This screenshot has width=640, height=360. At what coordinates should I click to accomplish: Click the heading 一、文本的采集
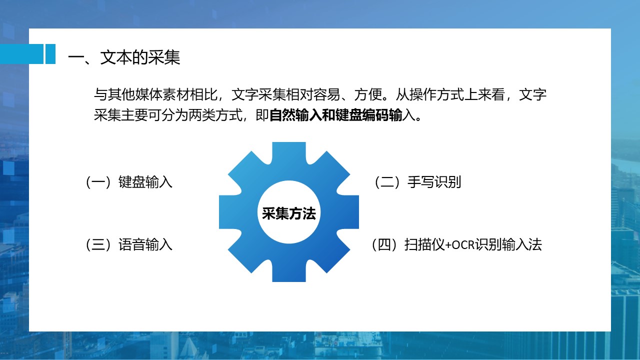124,57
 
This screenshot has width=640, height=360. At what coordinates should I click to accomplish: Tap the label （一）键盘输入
129,182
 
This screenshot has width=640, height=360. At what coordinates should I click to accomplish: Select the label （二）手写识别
417,182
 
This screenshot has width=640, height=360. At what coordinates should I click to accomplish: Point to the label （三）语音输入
129,244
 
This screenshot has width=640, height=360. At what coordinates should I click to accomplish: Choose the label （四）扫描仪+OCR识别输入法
456,244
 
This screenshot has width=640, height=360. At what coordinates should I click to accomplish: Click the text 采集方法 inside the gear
289,213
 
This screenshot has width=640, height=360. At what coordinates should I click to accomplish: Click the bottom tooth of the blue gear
289,271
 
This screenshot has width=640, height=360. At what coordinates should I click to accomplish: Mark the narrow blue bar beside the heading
50,53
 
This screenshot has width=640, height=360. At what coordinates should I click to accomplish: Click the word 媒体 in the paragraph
148,94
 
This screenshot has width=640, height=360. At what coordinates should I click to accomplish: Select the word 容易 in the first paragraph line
326,94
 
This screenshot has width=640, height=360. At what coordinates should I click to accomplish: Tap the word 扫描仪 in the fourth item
424,244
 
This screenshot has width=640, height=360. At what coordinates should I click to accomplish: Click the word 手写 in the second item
421,182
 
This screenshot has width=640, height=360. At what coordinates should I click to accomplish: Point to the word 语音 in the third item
132,244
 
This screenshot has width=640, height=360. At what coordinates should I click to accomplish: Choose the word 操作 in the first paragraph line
423,94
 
